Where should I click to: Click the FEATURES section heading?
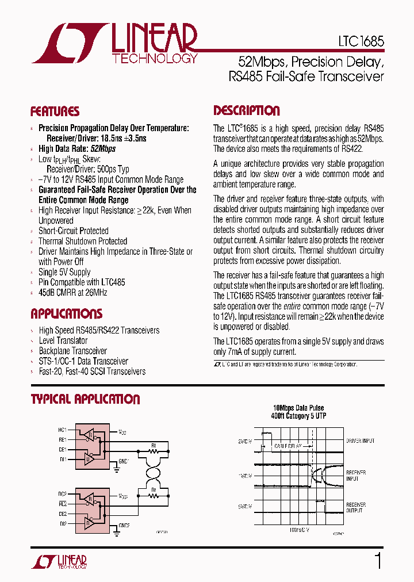tap(55, 112)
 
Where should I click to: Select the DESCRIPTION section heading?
tap(247, 111)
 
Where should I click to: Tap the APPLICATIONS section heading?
tap(66, 314)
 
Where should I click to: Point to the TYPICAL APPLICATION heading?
tap(85, 399)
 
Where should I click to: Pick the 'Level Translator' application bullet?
tap(63, 340)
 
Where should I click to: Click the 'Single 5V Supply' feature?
tap(64, 272)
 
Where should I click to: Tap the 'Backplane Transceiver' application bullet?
tap(73, 351)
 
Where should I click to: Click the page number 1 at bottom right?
tap(378, 561)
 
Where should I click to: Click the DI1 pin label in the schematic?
tap(62, 459)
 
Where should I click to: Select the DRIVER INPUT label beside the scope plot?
tap(360, 441)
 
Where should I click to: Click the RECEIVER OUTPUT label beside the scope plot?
tap(356, 507)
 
